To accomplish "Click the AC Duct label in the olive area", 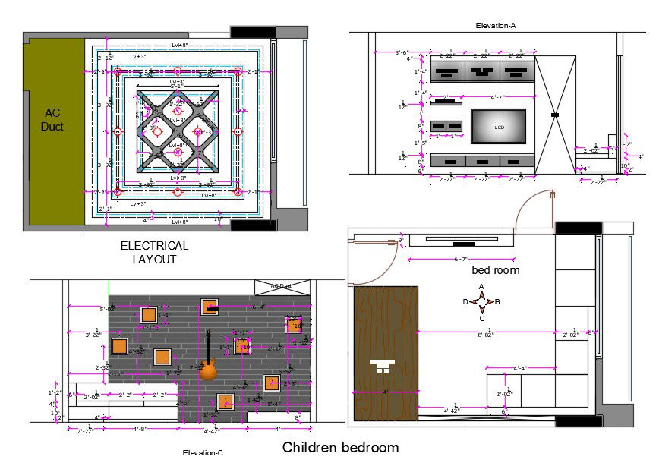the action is pos(52,119).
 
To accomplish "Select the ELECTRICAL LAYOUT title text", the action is pos(154,253).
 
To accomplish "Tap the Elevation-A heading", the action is pos(496,26).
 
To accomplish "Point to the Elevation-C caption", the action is pos(203,453).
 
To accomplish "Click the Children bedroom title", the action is pos(340,447).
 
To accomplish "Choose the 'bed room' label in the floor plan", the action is pos(496,270).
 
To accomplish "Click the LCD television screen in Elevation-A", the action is pos(498,126).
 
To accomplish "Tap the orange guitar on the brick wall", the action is pos(207,370).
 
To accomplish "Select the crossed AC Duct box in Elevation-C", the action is pos(282,287).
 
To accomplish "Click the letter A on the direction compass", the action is pos(481,288).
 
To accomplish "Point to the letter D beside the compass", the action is pos(465,302).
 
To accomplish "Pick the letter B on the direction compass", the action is pos(497,302).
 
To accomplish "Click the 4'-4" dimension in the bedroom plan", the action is pos(520,369).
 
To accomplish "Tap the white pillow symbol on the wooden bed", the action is pos(384,367).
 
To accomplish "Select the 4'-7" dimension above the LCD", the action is pos(497,97).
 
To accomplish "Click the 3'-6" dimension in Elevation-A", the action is pos(402,52).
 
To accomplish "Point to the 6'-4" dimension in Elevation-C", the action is pos(259,307).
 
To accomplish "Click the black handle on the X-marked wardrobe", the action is pos(555,115).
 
